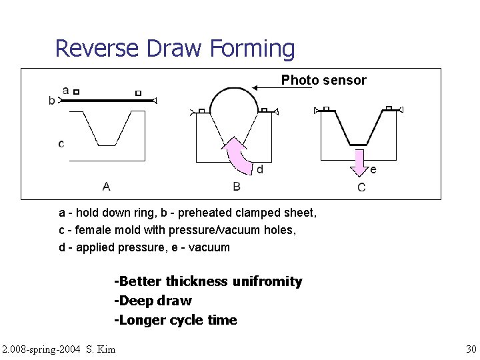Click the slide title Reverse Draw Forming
tap(175, 49)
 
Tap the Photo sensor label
tap(323, 80)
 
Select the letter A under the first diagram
tap(107, 186)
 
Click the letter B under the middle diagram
tap(237, 186)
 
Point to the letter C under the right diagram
tap(361, 187)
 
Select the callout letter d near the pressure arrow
tap(259, 169)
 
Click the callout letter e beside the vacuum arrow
tap(373, 169)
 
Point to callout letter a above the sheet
tap(65, 90)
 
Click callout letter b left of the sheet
tap(52, 101)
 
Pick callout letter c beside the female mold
tap(61, 143)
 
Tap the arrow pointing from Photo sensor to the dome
tap(280, 86)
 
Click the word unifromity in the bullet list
tap(267, 281)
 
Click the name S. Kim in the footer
tap(101, 349)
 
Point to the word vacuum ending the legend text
tap(209, 247)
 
